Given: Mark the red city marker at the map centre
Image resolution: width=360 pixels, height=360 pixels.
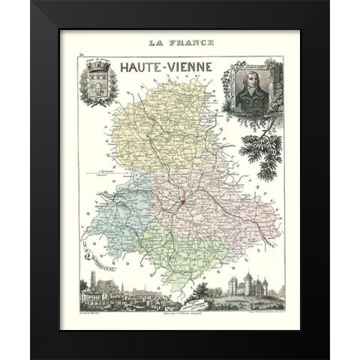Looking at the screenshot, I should point(181,202).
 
